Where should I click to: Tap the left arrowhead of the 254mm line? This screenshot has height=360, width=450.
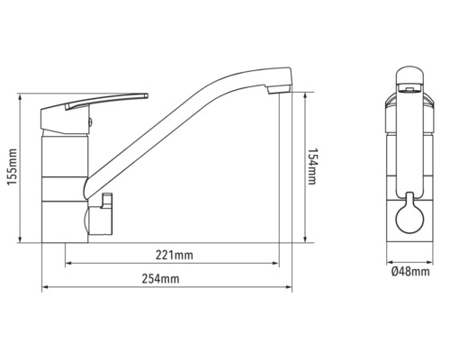click(45, 289)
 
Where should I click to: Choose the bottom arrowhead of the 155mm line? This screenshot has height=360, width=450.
click(22, 241)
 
